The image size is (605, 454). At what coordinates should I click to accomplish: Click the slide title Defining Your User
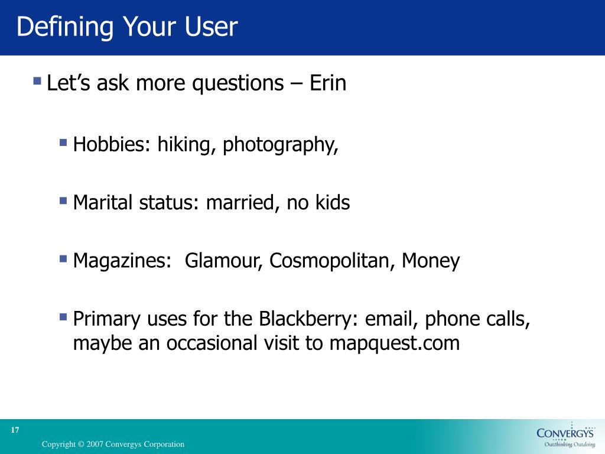click(x=127, y=28)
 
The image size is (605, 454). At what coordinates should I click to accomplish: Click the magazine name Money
click(x=431, y=261)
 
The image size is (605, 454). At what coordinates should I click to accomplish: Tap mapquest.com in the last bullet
click(x=394, y=343)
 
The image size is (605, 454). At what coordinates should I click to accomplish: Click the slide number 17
click(x=15, y=430)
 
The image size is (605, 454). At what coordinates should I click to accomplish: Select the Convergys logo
click(x=565, y=436)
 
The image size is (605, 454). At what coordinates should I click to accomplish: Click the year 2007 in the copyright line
click(x=96, y=444)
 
